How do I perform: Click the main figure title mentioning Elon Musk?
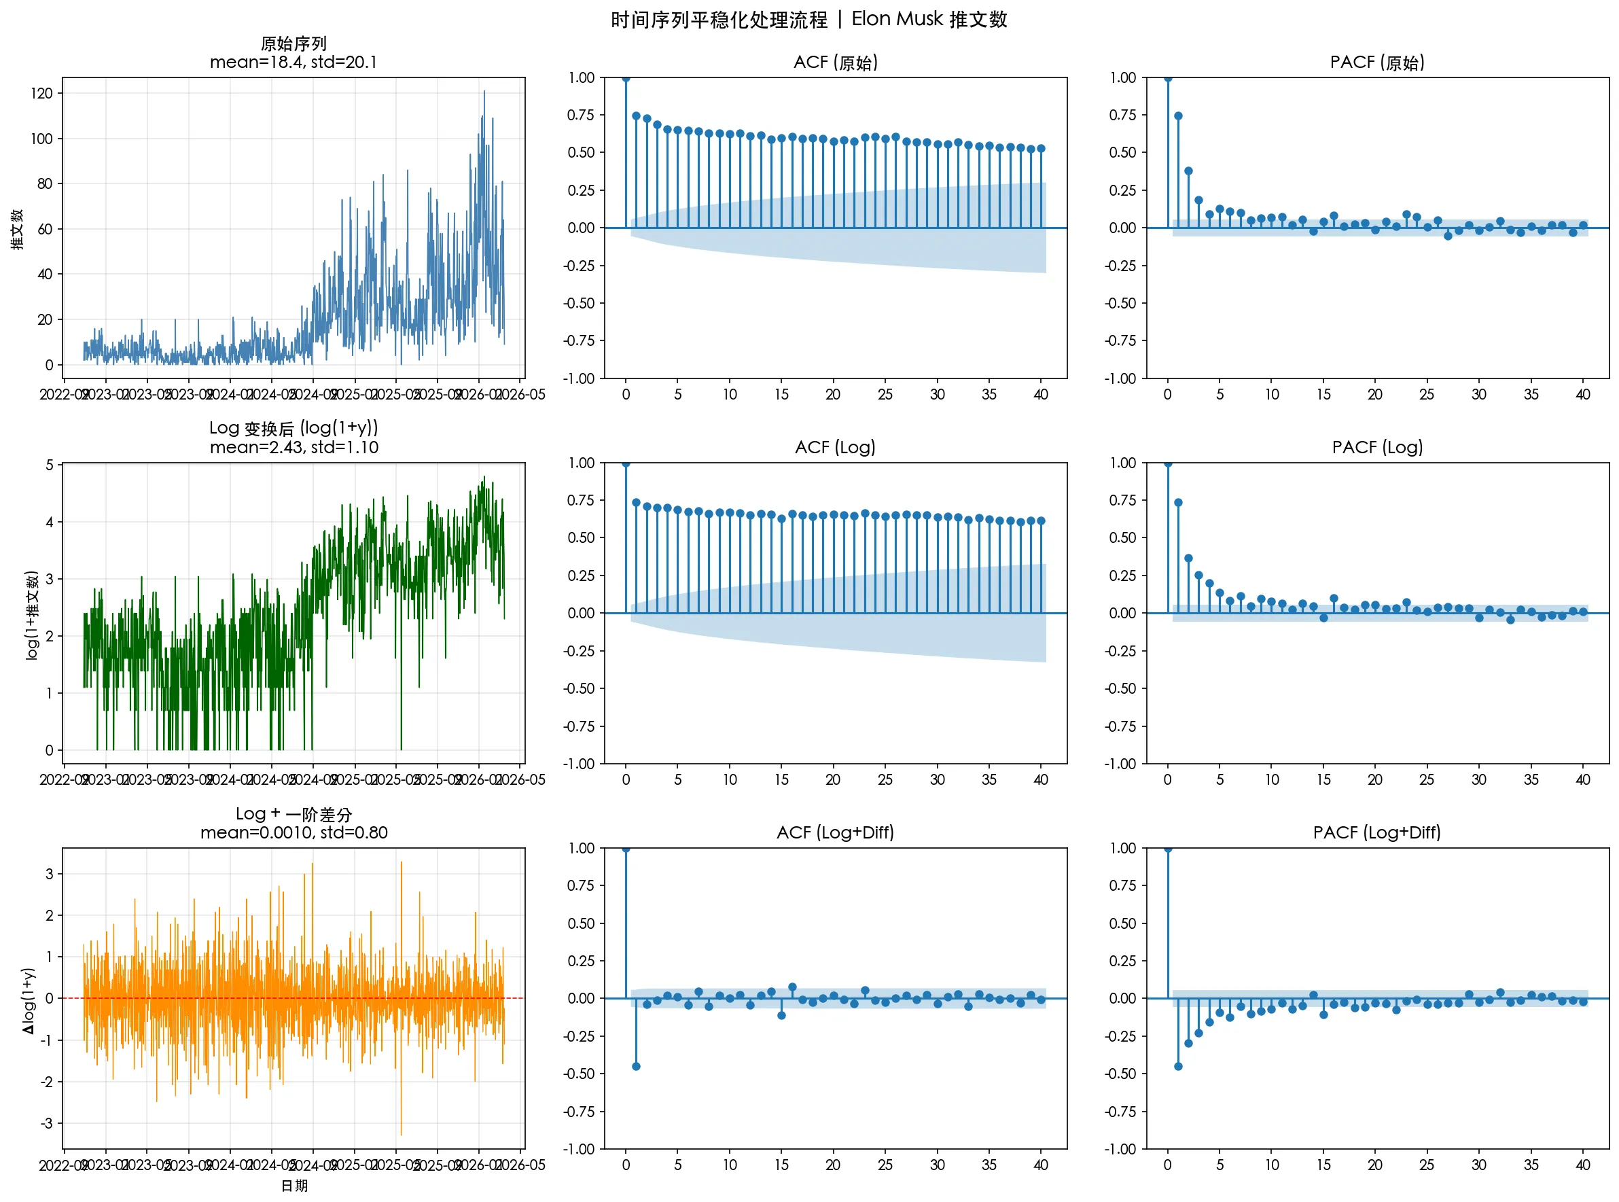808,20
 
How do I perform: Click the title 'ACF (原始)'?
835,63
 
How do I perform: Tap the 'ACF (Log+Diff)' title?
835,832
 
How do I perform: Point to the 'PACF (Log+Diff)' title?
1377,832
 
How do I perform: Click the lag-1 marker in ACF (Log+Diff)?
637,1066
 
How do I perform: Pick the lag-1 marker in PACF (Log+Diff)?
1178,1066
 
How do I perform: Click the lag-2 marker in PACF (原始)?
1188,171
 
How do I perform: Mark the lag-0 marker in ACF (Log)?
626,463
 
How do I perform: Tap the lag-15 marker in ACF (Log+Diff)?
781,1015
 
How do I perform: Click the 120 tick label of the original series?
41,93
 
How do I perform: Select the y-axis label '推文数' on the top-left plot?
18,228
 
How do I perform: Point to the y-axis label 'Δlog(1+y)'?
28,1000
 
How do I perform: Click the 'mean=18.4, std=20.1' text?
293,63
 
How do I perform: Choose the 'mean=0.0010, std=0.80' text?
293,832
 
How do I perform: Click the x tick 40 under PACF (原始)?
1582,394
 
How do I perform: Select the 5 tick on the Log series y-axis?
50,464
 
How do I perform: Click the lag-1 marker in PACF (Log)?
1178,503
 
